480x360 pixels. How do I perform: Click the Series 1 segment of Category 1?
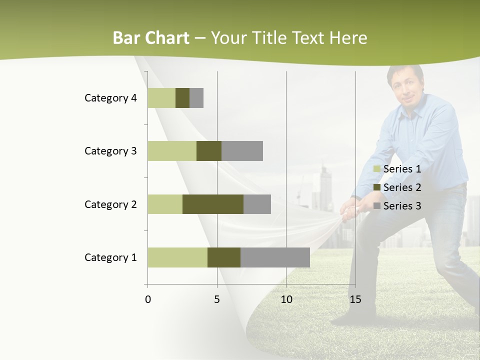tap(177, 257)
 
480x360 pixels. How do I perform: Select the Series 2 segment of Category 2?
tap(213, 204)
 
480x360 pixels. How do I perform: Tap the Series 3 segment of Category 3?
tap(242, 151)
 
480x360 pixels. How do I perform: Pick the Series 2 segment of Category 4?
tap(182, 98)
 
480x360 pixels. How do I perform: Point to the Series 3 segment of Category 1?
tap(275, 257)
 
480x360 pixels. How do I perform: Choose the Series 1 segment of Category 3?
tap(172, 151)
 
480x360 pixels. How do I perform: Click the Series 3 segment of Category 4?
tap(196, 98)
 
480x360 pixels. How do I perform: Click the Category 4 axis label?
tap(110, 98)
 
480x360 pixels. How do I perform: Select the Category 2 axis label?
tap(110, 204)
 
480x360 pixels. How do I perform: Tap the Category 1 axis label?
tap(110, 257)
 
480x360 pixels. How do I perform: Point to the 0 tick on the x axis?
tap(148, 299)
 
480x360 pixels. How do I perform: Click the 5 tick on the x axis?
tap(217, 299)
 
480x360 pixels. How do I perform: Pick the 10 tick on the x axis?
tap(286, 299)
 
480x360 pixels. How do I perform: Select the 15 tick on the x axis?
tap(355, 299)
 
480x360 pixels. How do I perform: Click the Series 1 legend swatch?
tap(377, 169)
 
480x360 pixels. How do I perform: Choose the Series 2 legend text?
tap(402, 187)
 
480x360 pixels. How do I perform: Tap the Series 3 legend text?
tap(402, 206)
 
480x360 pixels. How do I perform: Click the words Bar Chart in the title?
tap(151, 38)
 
